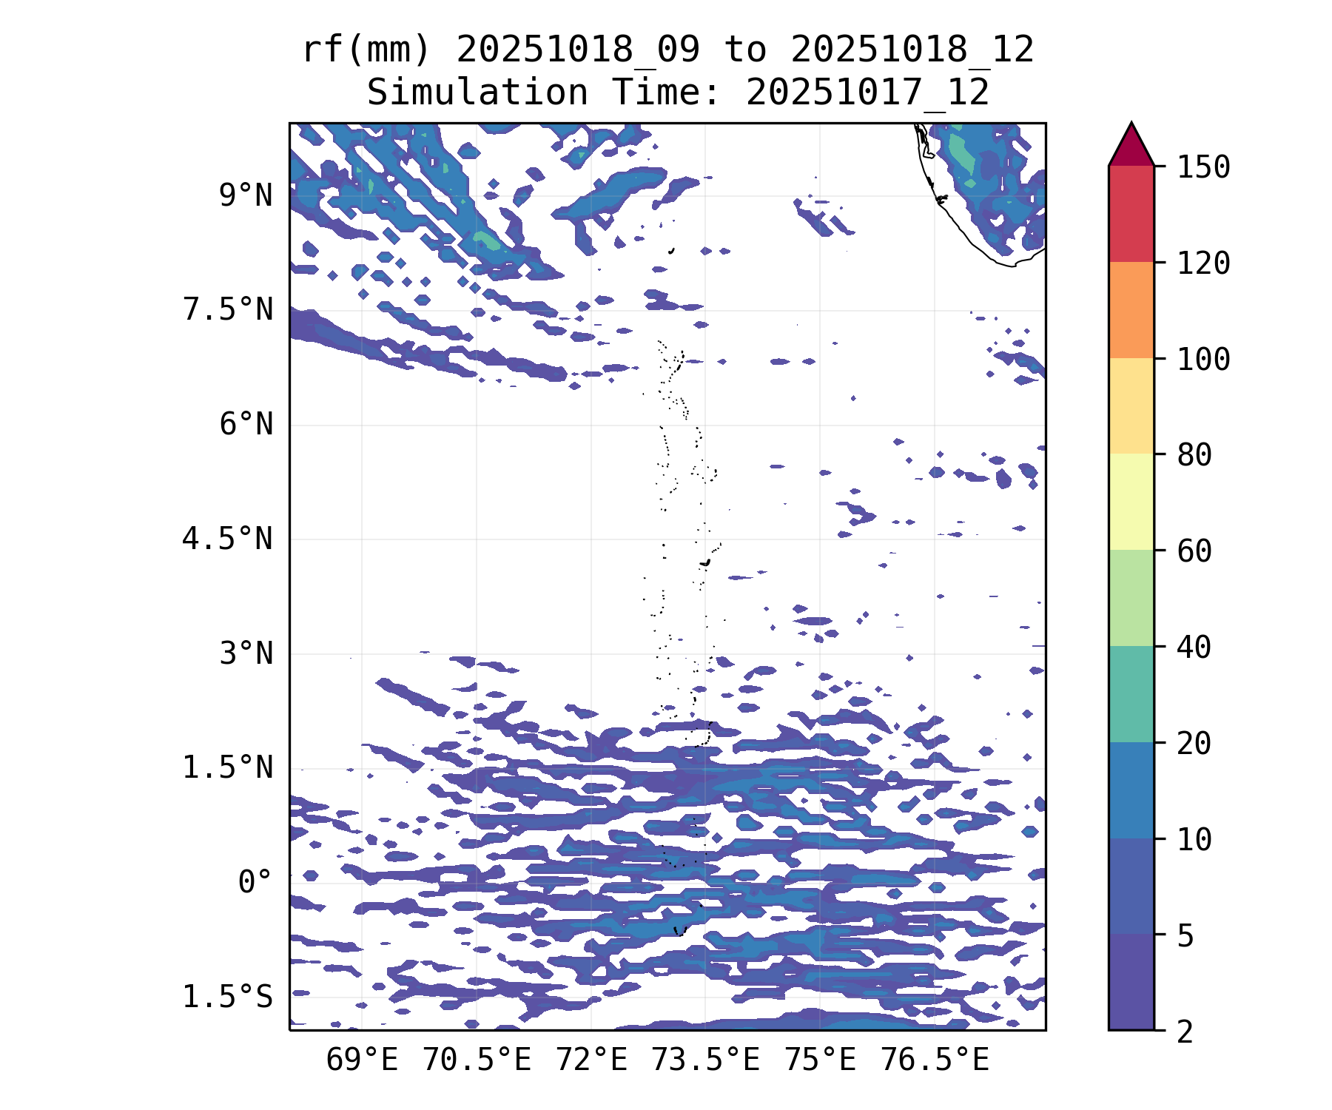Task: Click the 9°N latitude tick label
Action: [x=246, y=196]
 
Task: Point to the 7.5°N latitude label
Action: [x=228, y=310]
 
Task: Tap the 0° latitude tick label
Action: [x=255, y=882]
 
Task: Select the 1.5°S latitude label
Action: [x=228, y=997]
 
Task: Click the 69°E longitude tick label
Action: [x=362, y=1060]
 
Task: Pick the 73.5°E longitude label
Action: [x=705, y=1060]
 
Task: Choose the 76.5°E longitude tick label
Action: [x=934, y=1060]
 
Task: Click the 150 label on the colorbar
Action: [x=1203, y=167]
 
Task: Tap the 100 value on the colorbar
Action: [x=1203, y=360]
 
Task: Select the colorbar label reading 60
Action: [x=1194, y=551]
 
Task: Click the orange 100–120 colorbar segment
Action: [x=1131, y=310]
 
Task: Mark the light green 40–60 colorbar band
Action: [x=1131, y=598]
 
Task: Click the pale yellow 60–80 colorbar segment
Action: [x=1131, y=502]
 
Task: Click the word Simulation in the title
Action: [x=477, y=93]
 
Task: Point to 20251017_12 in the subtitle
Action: [x=867, y=93]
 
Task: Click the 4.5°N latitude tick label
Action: [x=228, y=539]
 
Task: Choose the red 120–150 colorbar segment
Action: [x=1131, y=214]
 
